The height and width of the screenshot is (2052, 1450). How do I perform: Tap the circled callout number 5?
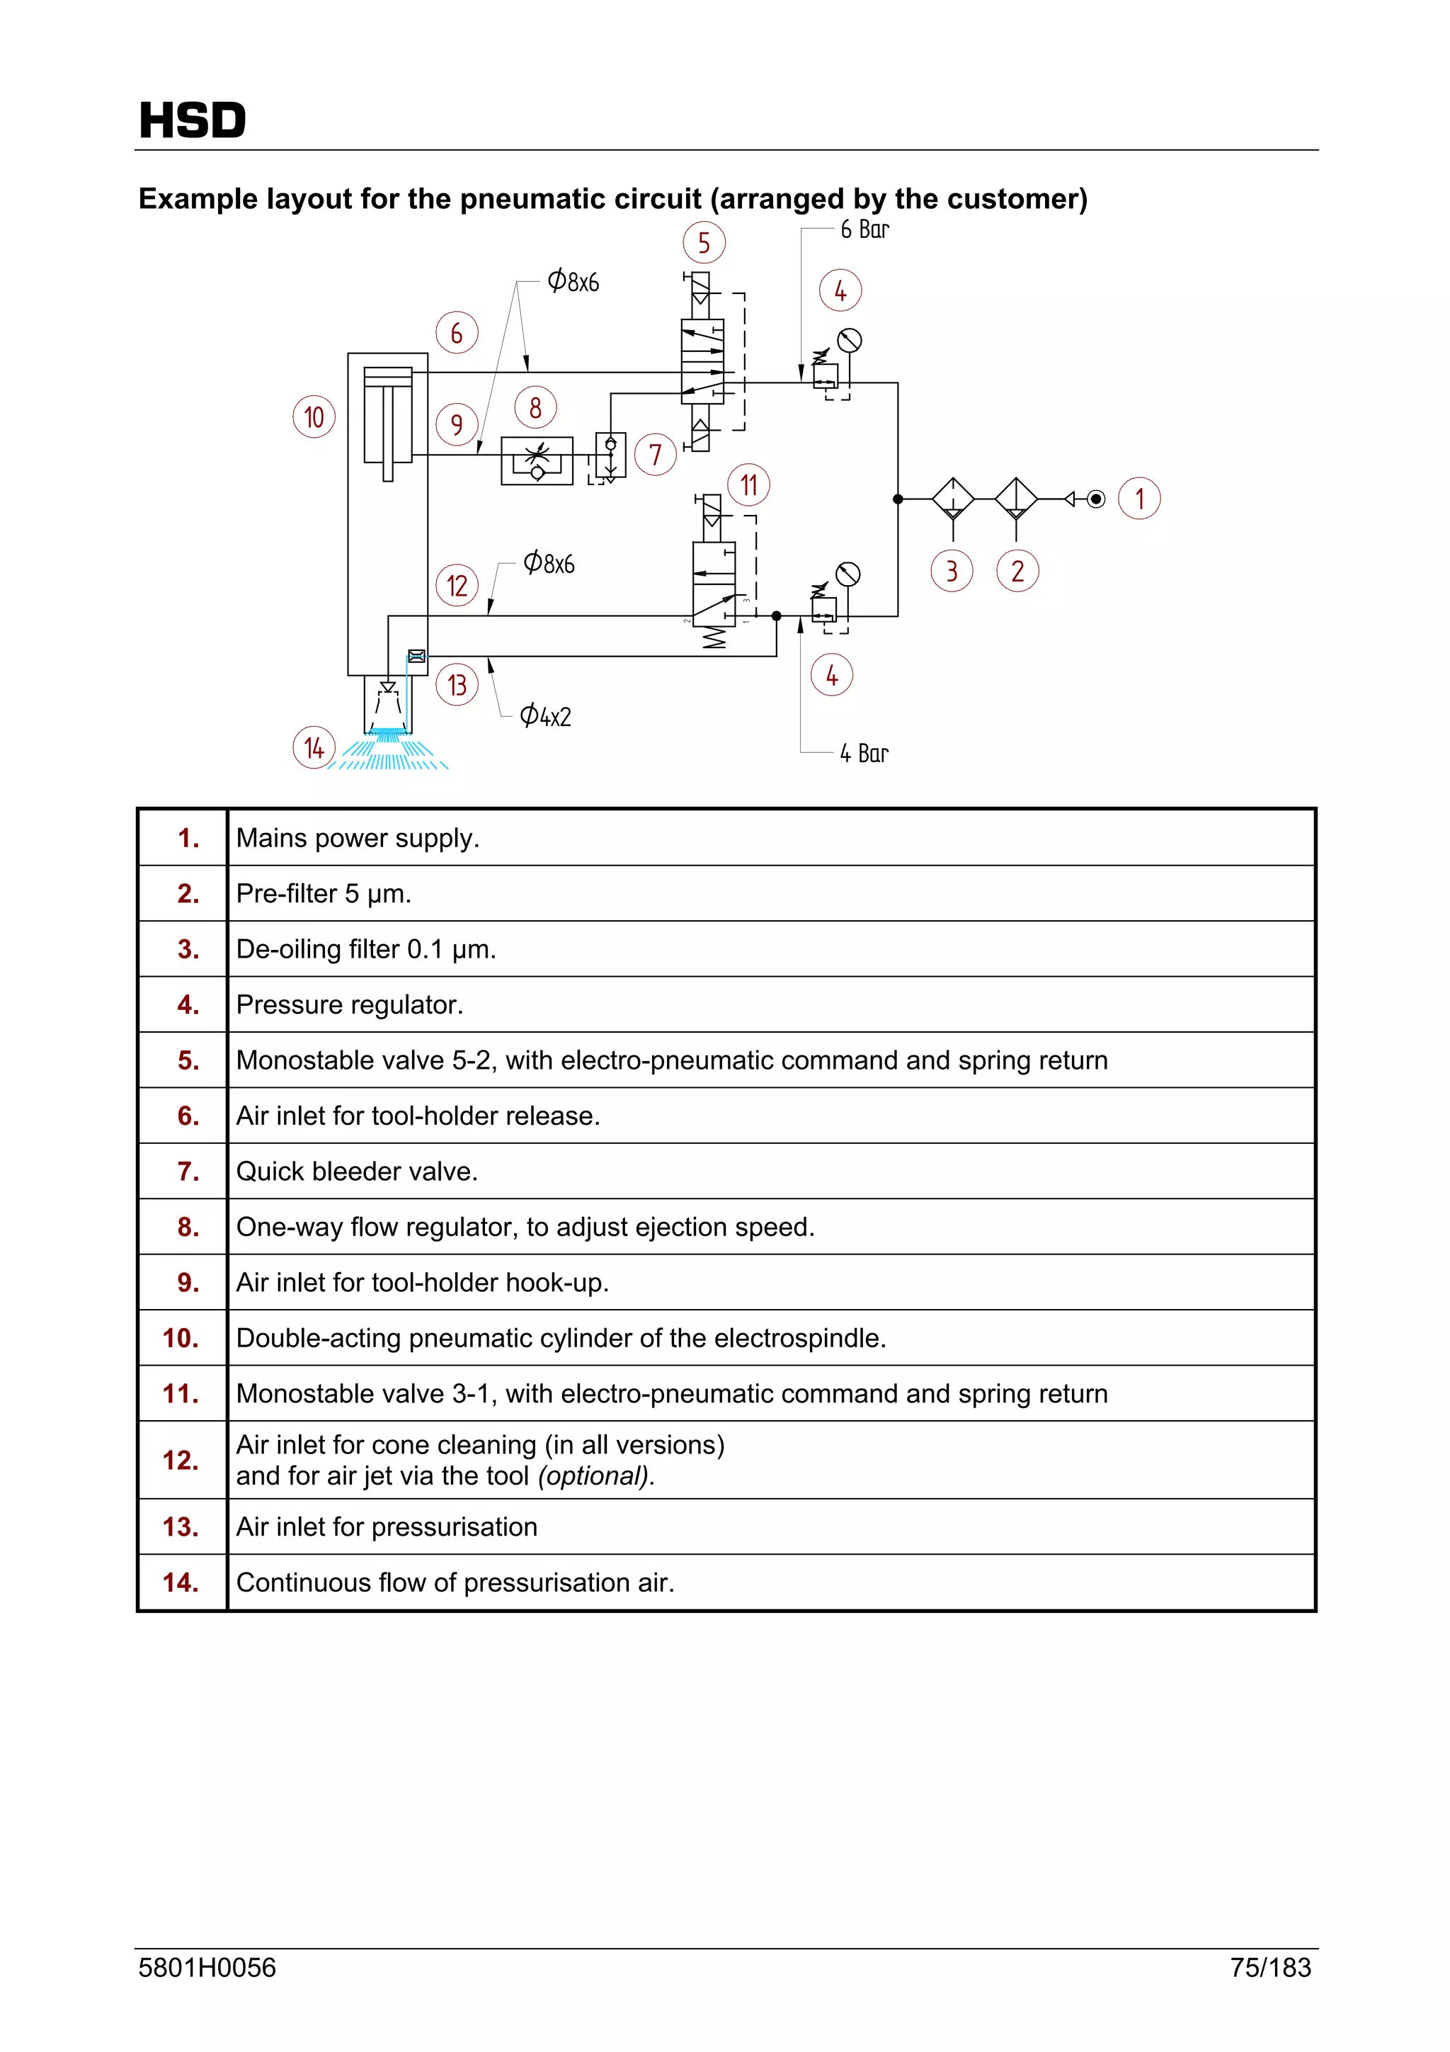704,242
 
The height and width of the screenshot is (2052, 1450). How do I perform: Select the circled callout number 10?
314,417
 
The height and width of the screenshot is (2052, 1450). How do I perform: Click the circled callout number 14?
314,748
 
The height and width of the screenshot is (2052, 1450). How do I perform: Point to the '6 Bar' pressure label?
864,229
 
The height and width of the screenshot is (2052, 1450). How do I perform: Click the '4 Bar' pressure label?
863,754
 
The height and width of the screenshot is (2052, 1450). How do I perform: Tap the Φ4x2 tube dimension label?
545,716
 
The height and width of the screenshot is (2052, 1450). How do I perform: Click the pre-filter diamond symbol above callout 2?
1016,499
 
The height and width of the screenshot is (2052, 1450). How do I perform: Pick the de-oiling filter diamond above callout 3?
953,499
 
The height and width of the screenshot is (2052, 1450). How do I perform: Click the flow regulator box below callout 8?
537,461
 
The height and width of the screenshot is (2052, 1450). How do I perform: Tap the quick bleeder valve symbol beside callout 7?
611,455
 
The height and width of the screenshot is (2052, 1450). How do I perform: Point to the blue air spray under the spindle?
389,751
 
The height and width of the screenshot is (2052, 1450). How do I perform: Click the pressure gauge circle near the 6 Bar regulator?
850,341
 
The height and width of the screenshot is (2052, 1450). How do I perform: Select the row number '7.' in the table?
188,1171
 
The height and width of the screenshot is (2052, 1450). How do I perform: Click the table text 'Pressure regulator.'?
349,1004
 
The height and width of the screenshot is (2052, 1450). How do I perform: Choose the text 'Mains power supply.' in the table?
358,839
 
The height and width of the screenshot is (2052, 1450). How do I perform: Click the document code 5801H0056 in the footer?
207,1968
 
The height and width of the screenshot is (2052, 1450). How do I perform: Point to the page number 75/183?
1269,1968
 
